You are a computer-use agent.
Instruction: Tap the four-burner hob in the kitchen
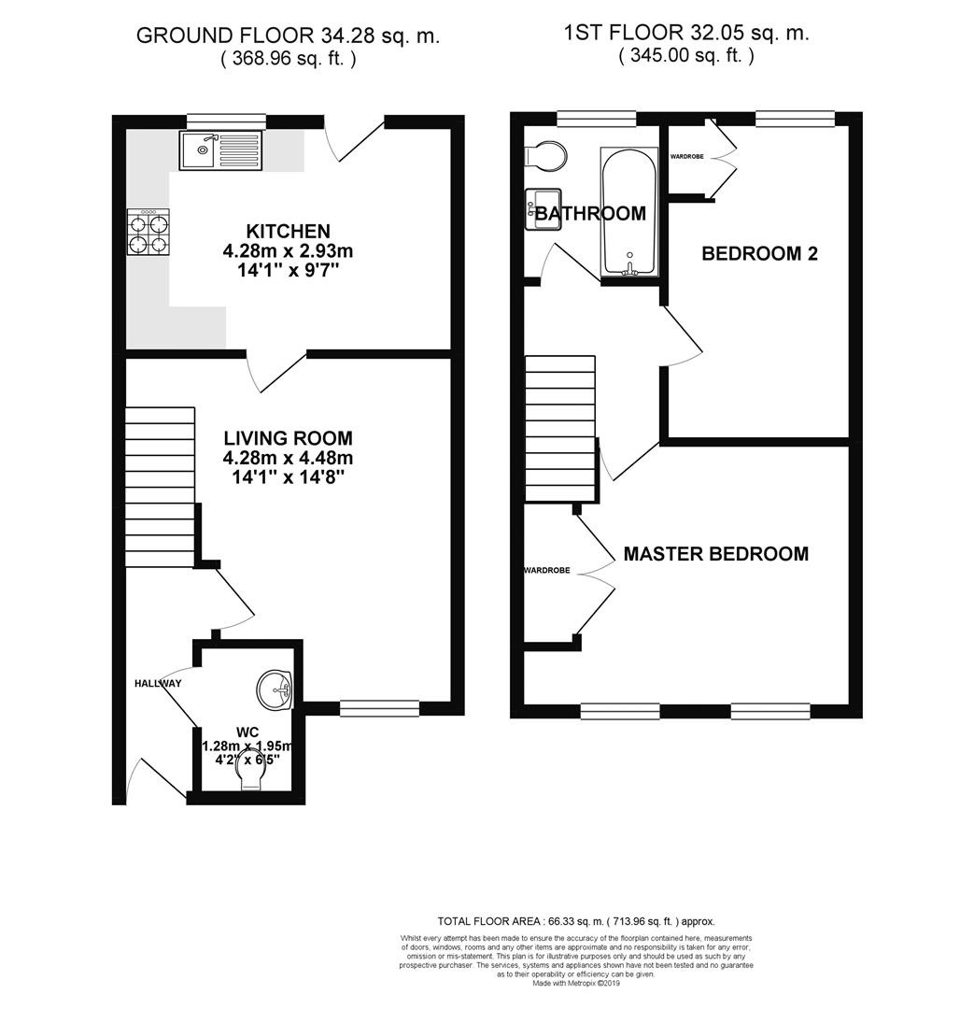point(148,232)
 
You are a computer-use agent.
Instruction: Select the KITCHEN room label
point(288,231)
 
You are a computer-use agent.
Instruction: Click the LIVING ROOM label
point(288,437)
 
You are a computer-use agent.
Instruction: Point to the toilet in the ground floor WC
point(250,769)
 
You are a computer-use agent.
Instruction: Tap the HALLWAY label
point(156,684)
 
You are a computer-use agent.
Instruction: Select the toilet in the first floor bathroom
point(545,158)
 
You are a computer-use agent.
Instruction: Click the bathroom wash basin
point(538,207)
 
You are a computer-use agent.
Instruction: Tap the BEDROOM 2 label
point(759,253)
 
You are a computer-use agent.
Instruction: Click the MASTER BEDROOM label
point(715,554)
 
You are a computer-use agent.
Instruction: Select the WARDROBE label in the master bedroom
point(546,570)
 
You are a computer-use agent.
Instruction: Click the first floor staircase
point(560,430)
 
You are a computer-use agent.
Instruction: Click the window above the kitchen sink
point(225,121)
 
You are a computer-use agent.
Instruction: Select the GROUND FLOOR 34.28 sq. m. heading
point(288,36)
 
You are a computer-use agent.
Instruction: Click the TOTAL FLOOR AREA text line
point(576,921)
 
